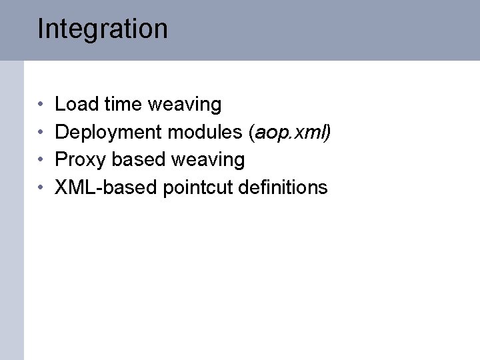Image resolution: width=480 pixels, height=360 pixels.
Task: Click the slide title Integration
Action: pos(103,29)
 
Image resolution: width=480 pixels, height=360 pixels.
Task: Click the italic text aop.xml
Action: pos(289,133)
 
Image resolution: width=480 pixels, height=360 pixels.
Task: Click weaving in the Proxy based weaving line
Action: pos(208,161)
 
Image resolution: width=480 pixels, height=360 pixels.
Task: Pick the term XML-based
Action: pos(106,187)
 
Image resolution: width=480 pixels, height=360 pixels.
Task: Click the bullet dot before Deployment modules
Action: pos(41,133)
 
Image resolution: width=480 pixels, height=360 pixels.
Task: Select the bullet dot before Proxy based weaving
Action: pos(41,161)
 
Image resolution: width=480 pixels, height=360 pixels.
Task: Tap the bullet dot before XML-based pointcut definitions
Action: pos(41,188)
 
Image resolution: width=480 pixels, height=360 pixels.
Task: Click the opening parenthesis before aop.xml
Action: pos(251,133)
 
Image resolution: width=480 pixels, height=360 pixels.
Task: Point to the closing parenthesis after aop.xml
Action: pos(327,133)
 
